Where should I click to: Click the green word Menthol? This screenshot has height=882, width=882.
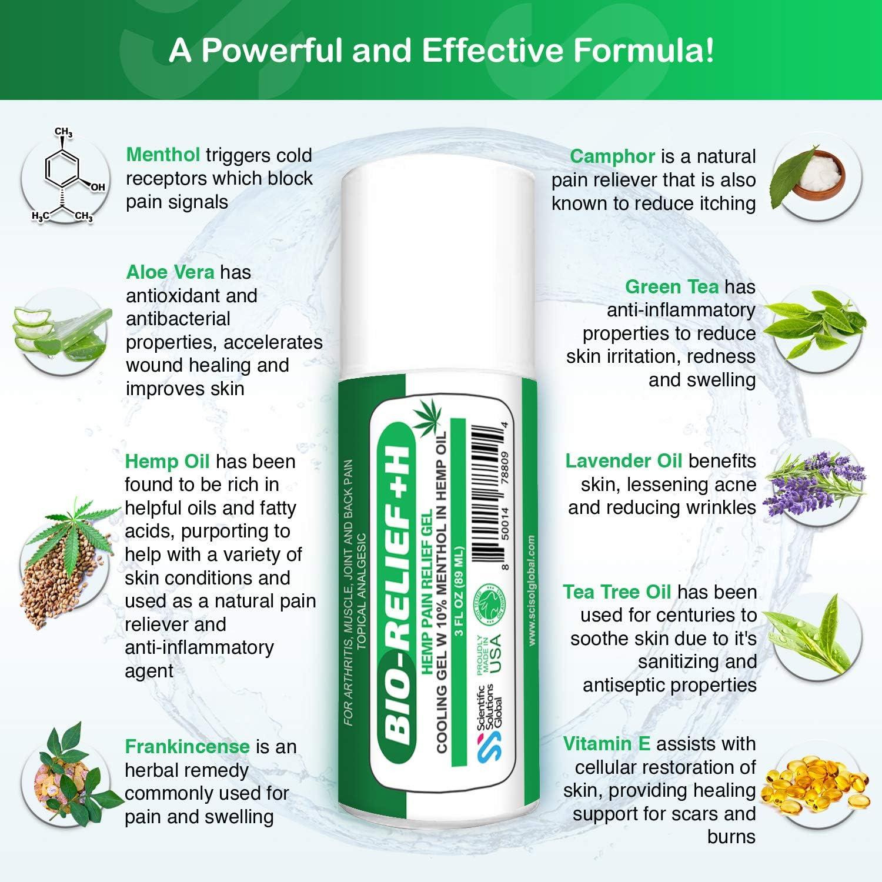(x=163, y=155)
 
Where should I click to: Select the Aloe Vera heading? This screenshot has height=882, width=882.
(x=170, y=272)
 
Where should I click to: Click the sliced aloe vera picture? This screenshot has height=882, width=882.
(x=62, y=332)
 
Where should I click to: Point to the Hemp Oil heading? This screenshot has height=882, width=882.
(x=167, y=462)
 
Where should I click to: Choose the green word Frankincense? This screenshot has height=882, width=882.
(x=187, y=747)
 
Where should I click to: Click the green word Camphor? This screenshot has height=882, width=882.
(x=612, y=156)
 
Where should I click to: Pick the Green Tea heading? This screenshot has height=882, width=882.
(x=671, y=286)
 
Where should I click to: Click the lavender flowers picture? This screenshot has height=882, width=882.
(x=814, y=482)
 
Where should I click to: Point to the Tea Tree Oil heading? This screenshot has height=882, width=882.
(x=617, y=592)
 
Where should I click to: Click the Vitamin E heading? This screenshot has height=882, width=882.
(x=607, y=744)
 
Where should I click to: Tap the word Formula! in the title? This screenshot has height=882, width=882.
(x=644, y=51)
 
